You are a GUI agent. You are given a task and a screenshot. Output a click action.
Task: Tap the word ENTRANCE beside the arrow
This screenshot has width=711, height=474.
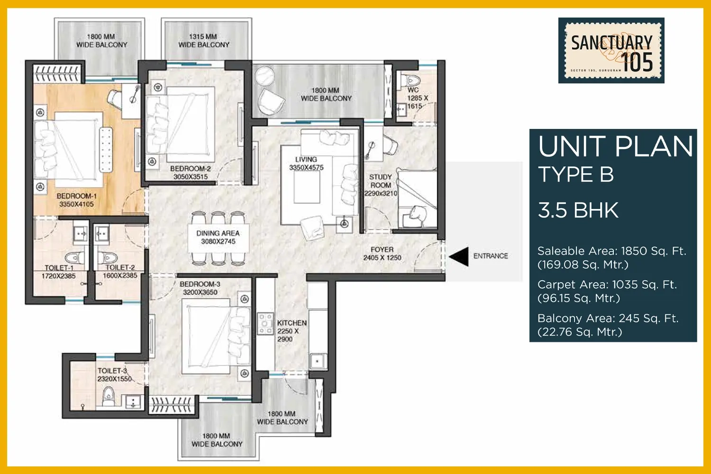pos(491,256)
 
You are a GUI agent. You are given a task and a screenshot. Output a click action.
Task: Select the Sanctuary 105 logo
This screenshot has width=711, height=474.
pos(611,50)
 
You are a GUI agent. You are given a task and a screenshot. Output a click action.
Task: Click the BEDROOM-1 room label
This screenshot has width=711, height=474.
pos(76,196)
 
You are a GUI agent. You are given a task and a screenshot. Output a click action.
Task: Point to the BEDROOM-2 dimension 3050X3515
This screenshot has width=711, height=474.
pos(191,177)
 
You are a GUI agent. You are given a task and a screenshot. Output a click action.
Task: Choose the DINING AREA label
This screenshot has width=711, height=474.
pos(218,233)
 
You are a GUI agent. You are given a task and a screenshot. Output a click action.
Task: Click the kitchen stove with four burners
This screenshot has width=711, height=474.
pos(265,324)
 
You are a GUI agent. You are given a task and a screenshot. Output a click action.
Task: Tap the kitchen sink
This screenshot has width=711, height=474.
pos(318,361)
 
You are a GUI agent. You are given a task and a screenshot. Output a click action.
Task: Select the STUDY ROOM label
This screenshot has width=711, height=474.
pos(380,181)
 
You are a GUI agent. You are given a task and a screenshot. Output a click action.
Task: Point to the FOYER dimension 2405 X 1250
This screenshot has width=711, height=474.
pos(382,258)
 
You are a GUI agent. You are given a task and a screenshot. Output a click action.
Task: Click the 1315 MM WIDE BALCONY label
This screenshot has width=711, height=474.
pos(204,41)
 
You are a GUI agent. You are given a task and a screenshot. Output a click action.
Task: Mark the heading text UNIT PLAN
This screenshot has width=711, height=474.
pos(615,146)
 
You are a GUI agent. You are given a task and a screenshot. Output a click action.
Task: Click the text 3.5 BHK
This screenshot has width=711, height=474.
pos(578,210)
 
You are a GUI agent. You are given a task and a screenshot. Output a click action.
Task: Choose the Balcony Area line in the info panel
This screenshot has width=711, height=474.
pos(608,325)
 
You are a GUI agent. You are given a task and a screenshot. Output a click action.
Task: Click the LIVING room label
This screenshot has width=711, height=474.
pos(306,159)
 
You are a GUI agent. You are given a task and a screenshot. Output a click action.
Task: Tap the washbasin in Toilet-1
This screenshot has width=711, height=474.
pos(80,234)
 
